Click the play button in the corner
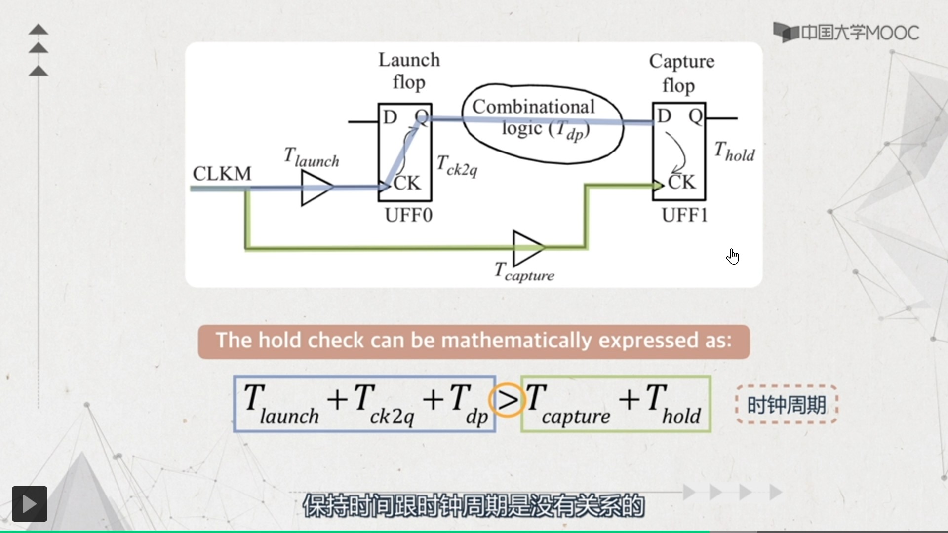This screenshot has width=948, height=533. tap(30, 504)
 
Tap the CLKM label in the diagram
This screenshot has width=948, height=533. tap(222, 174)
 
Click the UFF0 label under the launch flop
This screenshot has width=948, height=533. tap(408, 216)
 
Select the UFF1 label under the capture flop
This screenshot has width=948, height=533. tap(684, 216)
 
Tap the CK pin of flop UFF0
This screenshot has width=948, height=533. tap(407, 184)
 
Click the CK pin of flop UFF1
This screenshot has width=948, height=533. tap(681, 183)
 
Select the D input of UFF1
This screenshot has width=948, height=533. tap(665, 116)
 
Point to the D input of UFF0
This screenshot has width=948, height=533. tap(390, 117)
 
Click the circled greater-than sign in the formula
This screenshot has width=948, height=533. tap(507, 400)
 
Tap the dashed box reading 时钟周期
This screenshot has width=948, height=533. tap(787, 405)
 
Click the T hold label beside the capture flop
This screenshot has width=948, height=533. tap(734, 152)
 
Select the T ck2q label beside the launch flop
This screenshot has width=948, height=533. tap(457, 165)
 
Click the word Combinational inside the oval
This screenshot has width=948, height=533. tap(533, 107)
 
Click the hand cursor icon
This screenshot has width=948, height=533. tap(733, 256)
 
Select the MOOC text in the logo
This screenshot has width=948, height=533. tap(892, 33)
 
